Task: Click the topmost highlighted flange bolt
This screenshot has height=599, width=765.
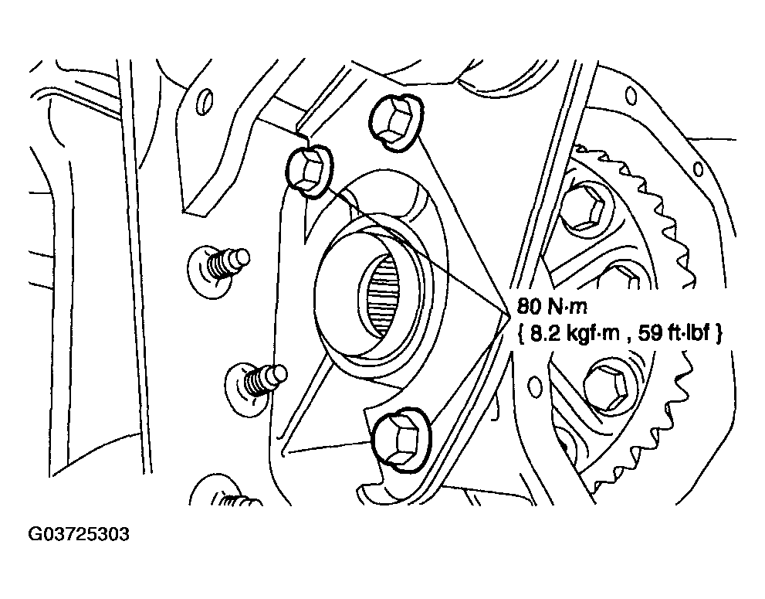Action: pos(396,122)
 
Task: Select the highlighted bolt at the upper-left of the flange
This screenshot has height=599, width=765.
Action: pos(310,171)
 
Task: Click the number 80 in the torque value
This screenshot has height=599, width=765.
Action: pos(529,306)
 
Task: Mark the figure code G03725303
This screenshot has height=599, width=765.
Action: pos(79,534)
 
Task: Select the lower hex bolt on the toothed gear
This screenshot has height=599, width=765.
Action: pos(608,386)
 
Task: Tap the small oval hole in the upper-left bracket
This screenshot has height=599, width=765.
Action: pos(205,101)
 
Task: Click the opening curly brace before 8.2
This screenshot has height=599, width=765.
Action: pos(520,334)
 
